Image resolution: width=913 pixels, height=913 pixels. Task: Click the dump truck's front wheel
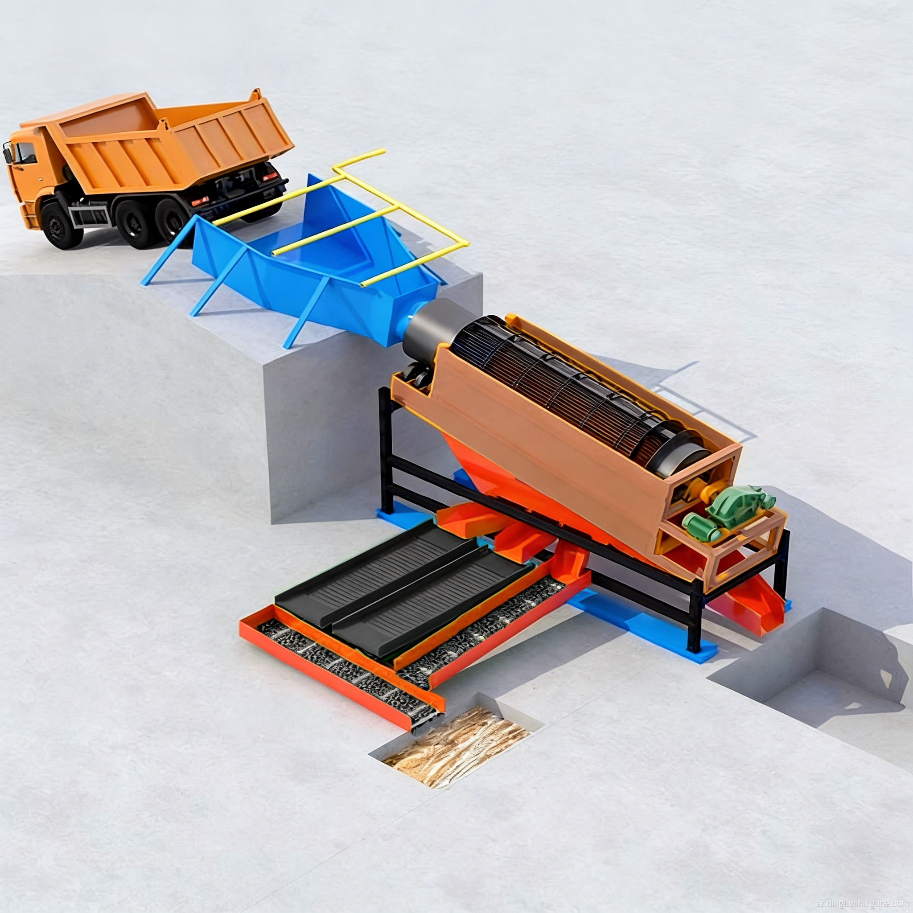(x=62, y=226)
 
